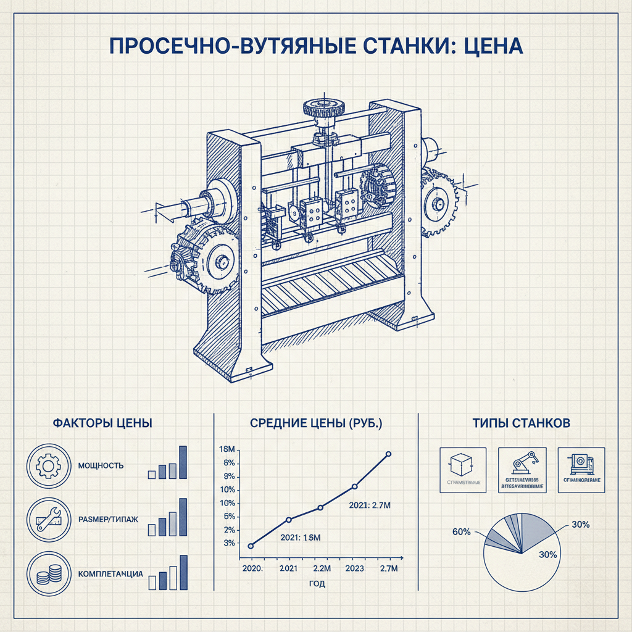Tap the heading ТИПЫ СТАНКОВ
(521, 423)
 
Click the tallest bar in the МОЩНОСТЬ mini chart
(183, 462)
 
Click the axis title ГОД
(317, 583)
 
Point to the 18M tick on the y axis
(228, 449)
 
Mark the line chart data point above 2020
(251, 546)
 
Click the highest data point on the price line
(388, 454)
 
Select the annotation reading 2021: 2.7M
(370, 505)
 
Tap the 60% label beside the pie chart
(462, 531)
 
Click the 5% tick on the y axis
(229, 517)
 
